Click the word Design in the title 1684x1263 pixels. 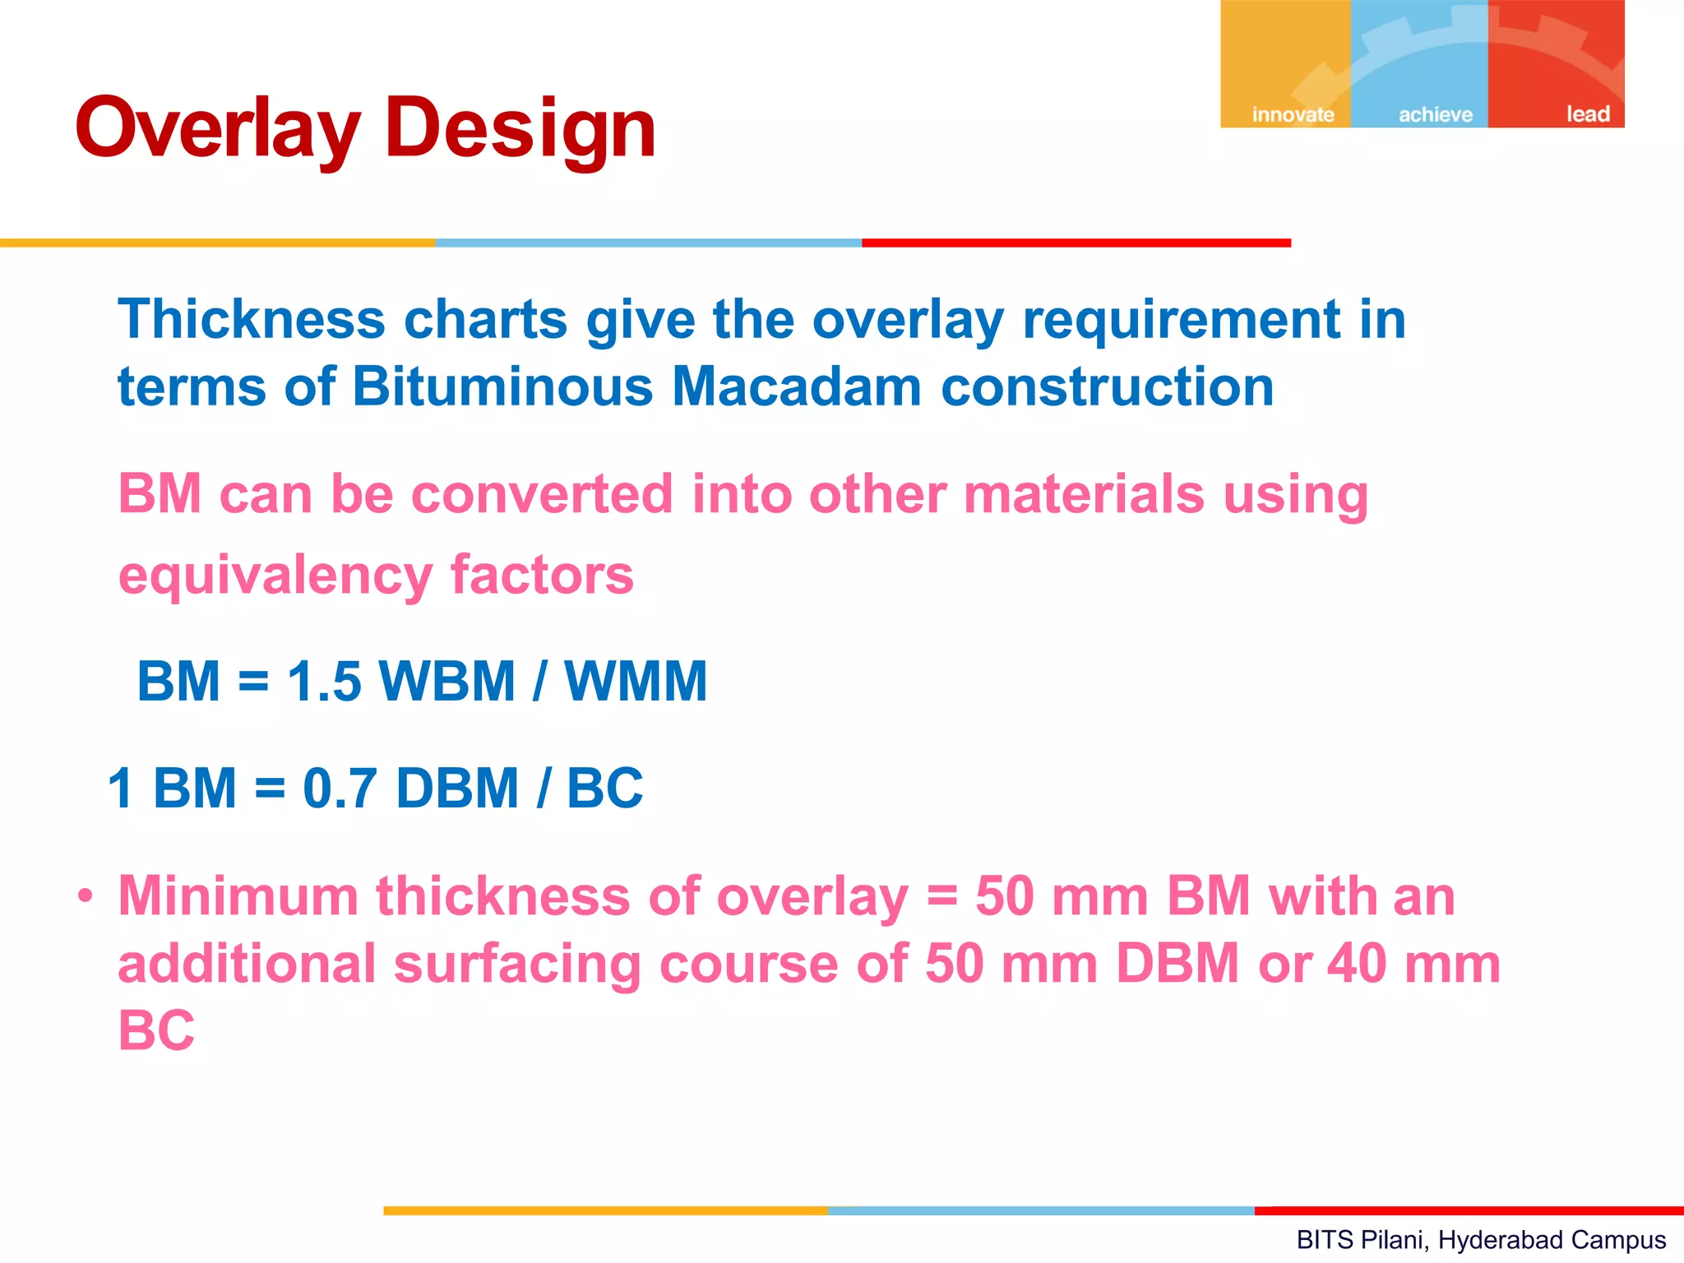click(x=520, y=130)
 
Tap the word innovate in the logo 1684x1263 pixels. click(x=1293, y=114)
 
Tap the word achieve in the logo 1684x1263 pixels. click(x=1436, y=114)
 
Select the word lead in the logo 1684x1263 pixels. click(x=1587, y=114)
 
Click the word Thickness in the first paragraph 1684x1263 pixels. click(x=252, y=319)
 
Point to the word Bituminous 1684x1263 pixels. click(x=502, y=386)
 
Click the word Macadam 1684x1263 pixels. click(x=796, y=386)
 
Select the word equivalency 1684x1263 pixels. click(x=275, y=576)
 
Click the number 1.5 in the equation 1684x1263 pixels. click(x=324, y=682)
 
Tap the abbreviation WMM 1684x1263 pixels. click(x=635, y=682)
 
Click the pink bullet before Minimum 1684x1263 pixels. click(x=86, y=896)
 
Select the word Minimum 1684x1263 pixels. click(x=238, y=896)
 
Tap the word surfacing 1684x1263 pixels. click(x=517, y=964)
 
